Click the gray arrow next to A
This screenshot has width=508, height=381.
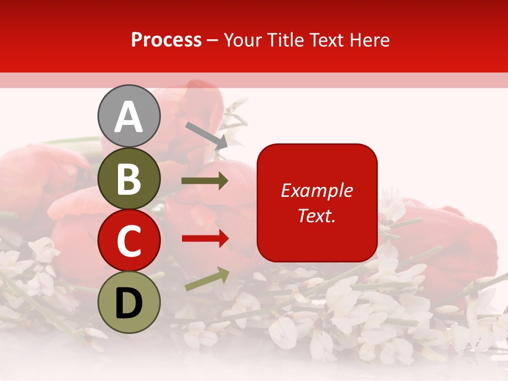206,135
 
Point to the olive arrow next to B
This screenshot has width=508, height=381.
205,181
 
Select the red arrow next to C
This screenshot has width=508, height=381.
205,239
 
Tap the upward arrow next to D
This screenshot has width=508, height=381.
207,279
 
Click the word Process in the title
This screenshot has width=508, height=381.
166,40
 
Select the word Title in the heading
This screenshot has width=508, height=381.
284,40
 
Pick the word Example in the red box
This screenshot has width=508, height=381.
316,190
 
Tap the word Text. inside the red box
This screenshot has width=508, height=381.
316,215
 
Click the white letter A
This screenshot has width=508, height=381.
129,117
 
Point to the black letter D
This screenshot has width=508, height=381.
129,303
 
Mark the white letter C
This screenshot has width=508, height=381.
129,241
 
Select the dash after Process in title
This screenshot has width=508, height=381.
213,41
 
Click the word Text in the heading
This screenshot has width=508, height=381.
326,40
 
